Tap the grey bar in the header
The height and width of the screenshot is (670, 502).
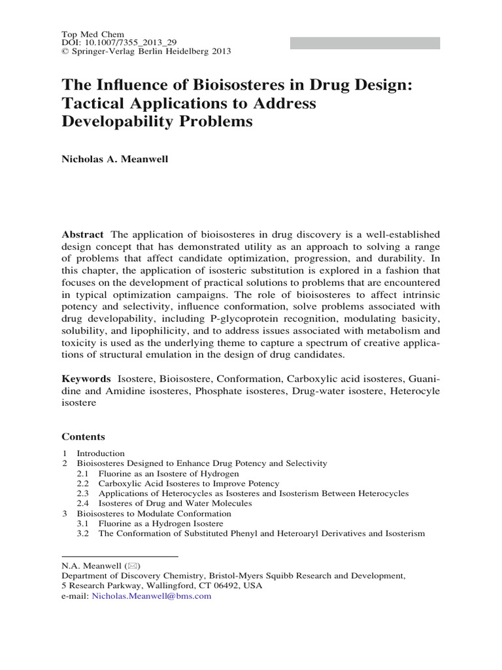click(365, 43)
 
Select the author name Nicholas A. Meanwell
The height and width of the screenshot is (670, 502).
click(115, 159)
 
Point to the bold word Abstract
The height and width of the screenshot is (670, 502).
click(82, 234)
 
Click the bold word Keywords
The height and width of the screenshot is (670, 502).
click(86, 379)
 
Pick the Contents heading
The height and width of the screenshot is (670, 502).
click(83, 436)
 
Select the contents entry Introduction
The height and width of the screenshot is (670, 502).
click(101, 453)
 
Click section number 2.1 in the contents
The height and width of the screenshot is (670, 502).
click(82, 473)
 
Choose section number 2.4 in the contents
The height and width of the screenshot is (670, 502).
click(82, 503)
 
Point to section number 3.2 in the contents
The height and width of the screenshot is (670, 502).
click(82, 533)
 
